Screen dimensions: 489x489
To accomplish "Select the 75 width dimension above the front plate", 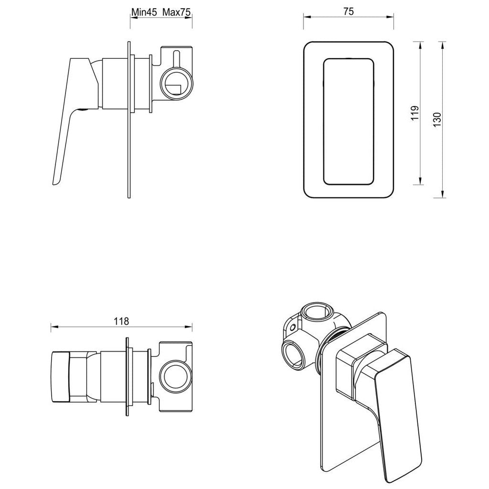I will click(x=348, y=12).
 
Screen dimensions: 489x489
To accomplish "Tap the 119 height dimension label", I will click(x=415, y=112).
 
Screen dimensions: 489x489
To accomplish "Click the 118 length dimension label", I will click(x=122, y=321).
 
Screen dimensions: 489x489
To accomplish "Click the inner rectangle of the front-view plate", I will click(x=348, y=121).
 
